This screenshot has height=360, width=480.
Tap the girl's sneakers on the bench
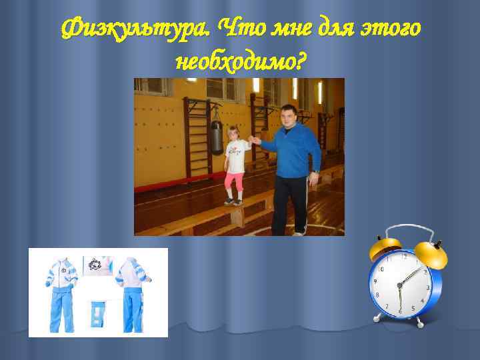click(x=233, y=201)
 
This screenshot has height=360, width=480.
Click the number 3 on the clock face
click(x=427, y=287)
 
